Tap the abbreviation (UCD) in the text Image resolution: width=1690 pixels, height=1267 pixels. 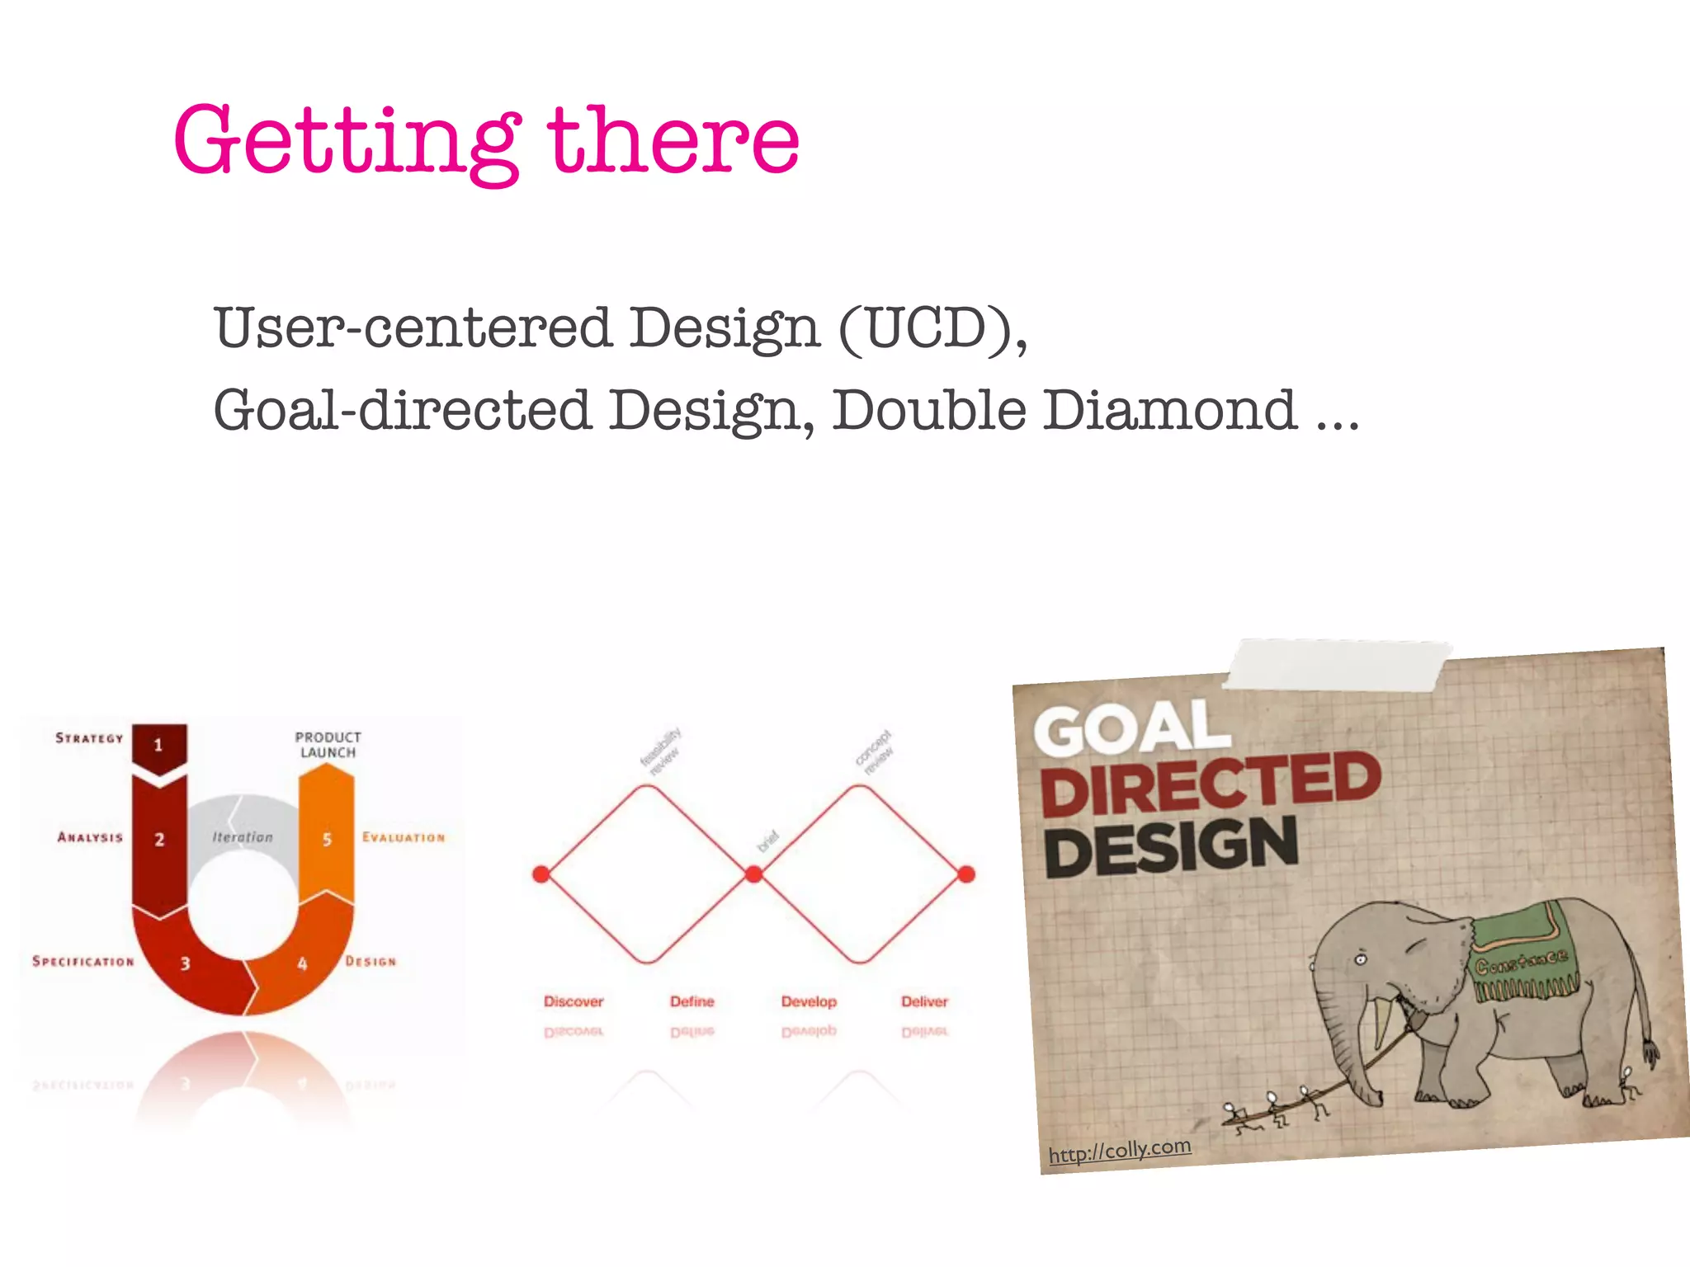[932, 328]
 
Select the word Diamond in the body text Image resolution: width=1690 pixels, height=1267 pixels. [1169, 410]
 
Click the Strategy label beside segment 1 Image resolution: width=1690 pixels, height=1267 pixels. [89, 738]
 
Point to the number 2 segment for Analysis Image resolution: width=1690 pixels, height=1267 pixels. [159, 840]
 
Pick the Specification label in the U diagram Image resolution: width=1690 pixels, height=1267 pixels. [83, 962]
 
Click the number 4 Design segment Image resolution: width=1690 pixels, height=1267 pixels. [302, 963]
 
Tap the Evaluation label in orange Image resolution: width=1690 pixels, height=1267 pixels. [404, 837]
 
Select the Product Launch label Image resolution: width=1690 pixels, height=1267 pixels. [328, 745]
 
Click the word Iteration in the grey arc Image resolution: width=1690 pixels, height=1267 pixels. [242, 837]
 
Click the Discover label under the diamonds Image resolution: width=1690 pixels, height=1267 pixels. [574, 1001]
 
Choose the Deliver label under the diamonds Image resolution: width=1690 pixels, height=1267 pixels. [924, 1001]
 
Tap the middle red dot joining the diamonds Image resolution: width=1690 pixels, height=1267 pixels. [753, 874]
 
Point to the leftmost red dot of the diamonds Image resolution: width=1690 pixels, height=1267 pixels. [541, 874]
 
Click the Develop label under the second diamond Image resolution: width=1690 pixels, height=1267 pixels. [809, 1001]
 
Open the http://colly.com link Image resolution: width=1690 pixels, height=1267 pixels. [1119, 1150]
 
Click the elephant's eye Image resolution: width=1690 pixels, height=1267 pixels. [1361, 960]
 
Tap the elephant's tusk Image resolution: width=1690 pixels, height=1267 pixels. [1381, 1023]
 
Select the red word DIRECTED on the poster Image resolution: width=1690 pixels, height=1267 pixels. [1210, 784]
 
